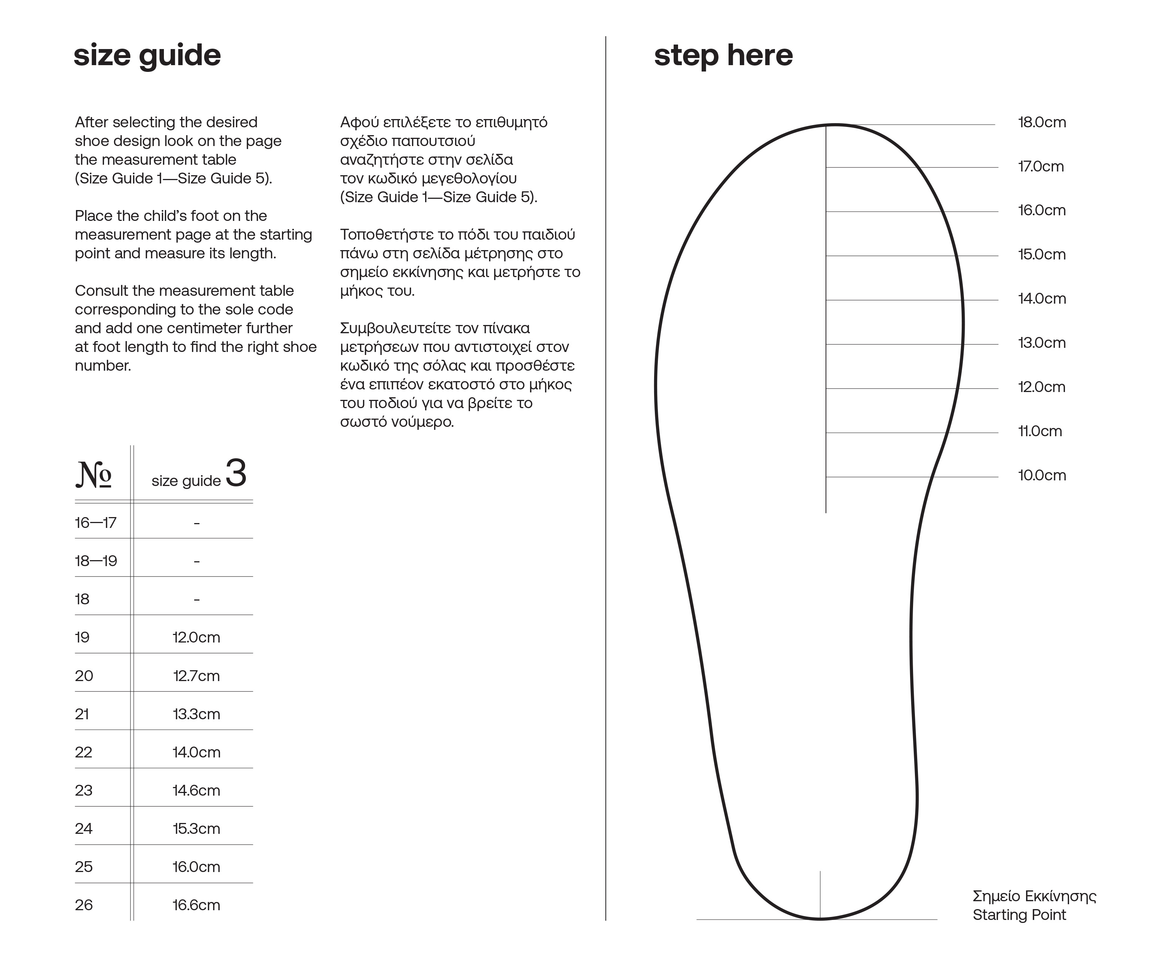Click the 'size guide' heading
pos(147,55)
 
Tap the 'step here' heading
pos(723,55)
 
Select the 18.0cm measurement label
pos(1041,122)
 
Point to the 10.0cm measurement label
pos(1041,476)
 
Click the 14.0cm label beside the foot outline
pos(1041,298)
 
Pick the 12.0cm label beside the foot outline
pos(1041,387)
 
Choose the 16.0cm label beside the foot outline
pos(1041,210)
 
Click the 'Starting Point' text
pos(1019,915)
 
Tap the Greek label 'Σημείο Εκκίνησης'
pos(1034,896)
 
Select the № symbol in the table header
pos(94,475)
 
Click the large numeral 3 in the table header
pos(236,474)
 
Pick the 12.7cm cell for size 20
pos(196,676)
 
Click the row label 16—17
pos(95,523)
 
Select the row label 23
pos(84,790)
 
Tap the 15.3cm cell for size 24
pos(196,829)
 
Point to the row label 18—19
pos(96,561)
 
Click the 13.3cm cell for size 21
pos(196,714)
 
